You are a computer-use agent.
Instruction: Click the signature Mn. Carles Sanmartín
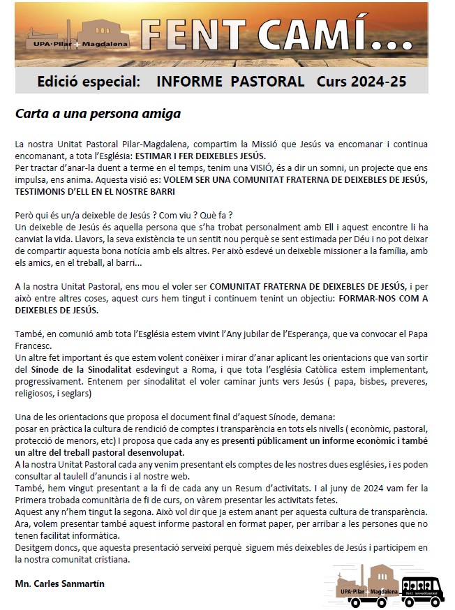[59, 583]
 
